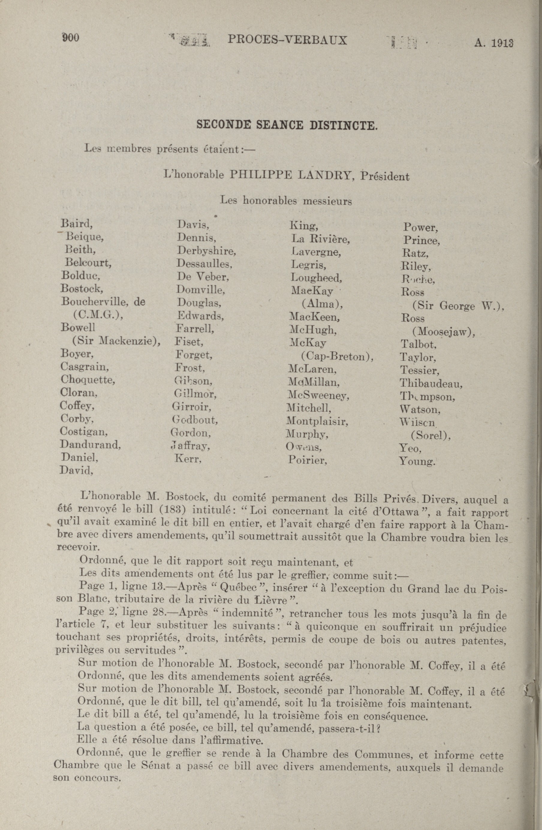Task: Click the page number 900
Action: tap(71, 37)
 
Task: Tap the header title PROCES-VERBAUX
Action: tap(287, 40)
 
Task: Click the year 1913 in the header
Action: tap(502, 43)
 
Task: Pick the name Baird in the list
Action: tap(76, 223)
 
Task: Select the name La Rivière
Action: tap(320, 240)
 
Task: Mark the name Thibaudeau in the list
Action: tap(431, 384)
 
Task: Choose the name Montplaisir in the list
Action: tap(317, 422)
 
